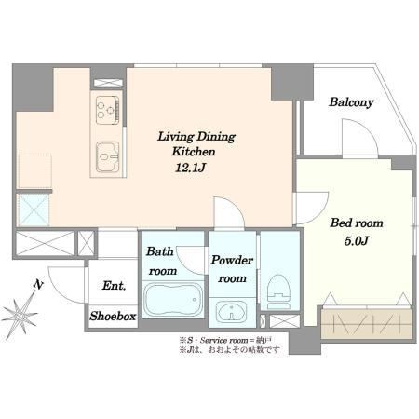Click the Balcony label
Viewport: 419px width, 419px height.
pyautogui.click(x=351, y=102)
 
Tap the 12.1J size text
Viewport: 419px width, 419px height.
pyautogui.click(x=191, y=168)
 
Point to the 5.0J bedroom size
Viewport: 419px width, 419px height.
pyautogui.click(x=356, y=240)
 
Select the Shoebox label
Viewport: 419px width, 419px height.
pyautogui.click(x=113, y=317)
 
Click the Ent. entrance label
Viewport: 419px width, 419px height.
pyautogui.click(x=114, y=286)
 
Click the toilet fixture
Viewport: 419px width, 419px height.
pyautogui.click(x=279, y=291)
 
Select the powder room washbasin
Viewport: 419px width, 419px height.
pyautogui.click(x=232, y=311)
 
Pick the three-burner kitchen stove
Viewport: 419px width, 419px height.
pyautogui.click(x=108, y=110)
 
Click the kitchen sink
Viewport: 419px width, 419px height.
pyautogui.click(x=108, y=156)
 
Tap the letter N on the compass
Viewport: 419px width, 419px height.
pyautogui.click(x=38, y=285)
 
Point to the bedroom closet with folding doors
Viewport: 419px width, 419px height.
pyautogui.click(x=367, y=323)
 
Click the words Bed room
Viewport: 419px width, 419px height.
pyautogui.click(x=357, y=223)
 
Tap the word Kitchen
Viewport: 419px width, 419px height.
pyautogui.click(x=194, y=152)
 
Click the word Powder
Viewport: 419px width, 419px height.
pyautogui.click(x=232, y=260)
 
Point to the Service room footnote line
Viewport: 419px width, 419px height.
pyautogui.click(x=225, y=341)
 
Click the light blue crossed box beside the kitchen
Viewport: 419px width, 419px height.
pyautogui.click(x=34, y=210)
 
